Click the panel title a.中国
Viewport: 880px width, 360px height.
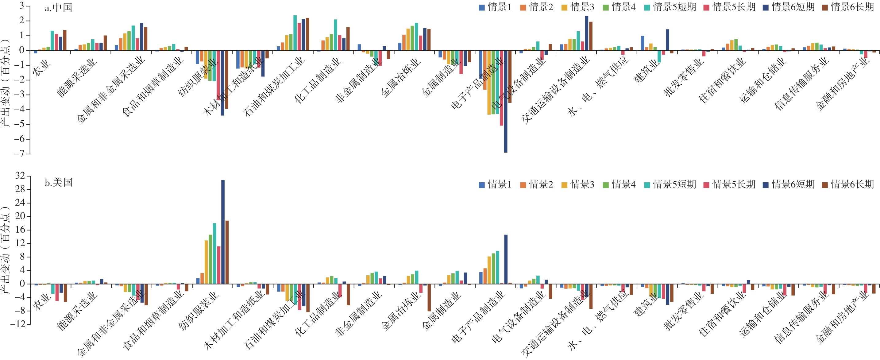[x=58, y=7]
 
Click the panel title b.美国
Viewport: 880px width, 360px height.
[x=58, y=182]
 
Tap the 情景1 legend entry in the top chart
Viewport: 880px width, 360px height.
[x=495, y=7]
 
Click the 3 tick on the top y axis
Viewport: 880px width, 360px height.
[x=21, y=6]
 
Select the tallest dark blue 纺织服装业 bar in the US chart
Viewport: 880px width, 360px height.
[x=223, y=232]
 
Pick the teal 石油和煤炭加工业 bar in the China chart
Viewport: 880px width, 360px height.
[x=295, y=33]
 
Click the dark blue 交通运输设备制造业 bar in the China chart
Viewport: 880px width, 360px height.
[x=587, y=33]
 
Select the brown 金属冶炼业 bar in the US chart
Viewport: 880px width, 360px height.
[x=429, y=297]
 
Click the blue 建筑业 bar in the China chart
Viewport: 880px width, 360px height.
[x=643, y=43]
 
